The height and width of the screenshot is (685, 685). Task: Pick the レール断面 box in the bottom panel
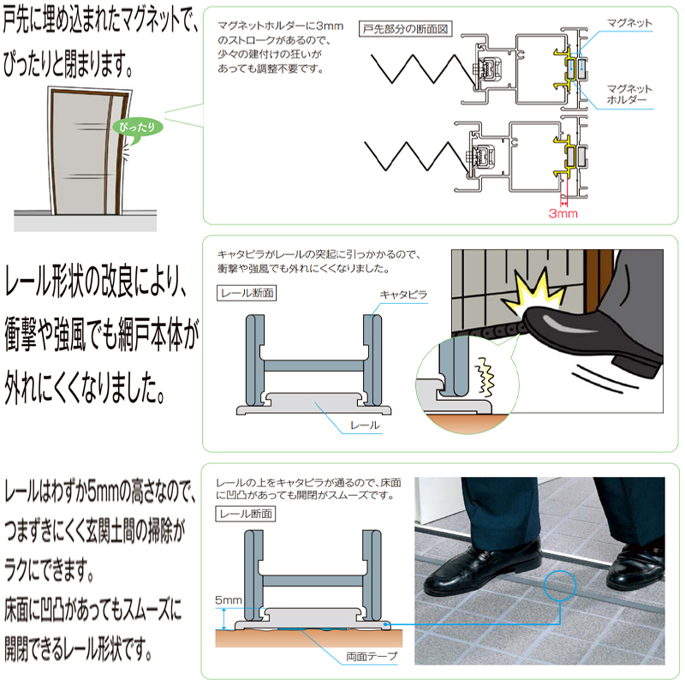(247, 514)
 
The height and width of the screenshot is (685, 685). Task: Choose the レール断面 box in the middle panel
(247, 292)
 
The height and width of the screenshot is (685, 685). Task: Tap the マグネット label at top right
(629, 22)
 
